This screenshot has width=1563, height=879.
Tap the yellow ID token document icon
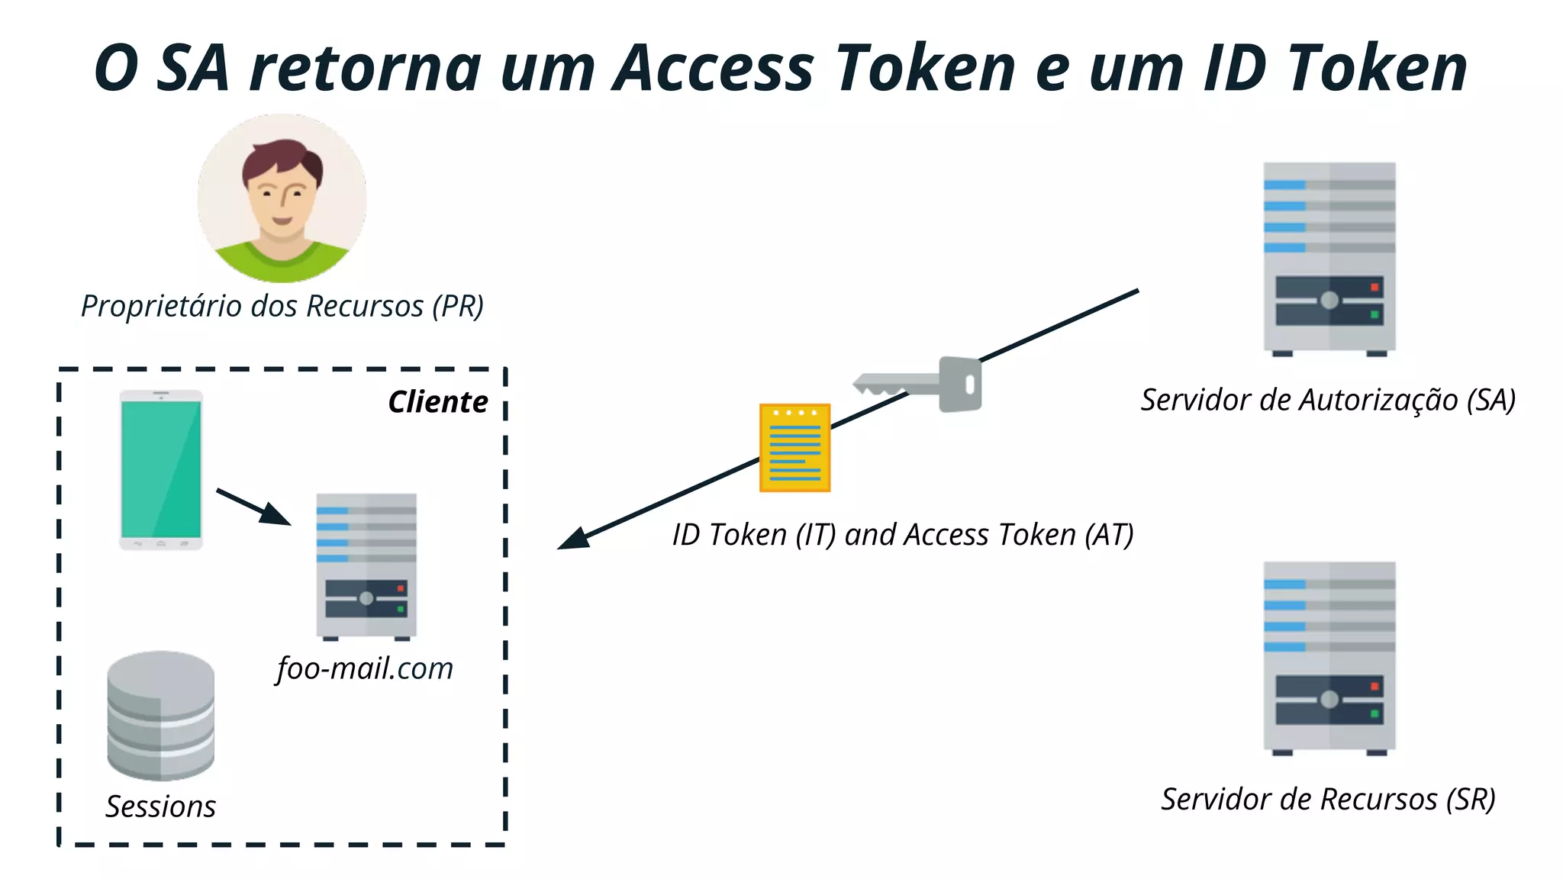794,448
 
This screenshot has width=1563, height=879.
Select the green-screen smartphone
161,469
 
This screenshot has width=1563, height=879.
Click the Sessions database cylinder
160,715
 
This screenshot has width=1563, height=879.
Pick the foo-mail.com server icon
366,565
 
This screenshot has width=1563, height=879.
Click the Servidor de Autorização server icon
1329,258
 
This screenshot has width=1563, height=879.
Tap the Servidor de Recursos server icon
1329,658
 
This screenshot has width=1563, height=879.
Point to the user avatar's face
282,195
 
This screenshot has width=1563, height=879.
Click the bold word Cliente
438,402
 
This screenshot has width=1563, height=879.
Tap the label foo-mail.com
365,668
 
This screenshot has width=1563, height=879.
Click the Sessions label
160,807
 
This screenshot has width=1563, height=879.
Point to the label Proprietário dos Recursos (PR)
282,306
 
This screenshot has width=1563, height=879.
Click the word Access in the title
714,69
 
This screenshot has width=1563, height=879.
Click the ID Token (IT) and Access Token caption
902,535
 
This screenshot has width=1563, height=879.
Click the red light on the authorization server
1374,288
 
